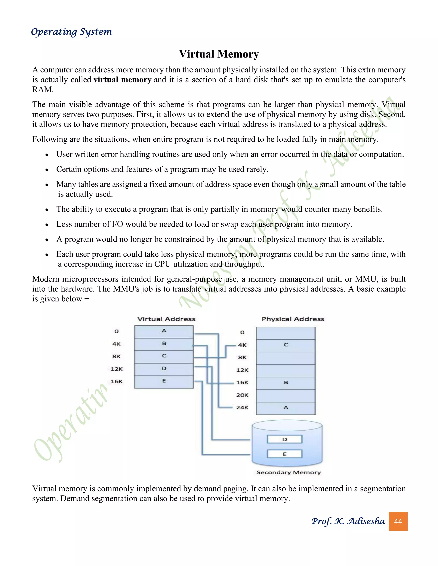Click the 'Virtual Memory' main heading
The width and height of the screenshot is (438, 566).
(x=219, y=54)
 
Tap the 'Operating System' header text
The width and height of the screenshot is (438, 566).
(x=72, y=32)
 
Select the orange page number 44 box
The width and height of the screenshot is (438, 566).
(x=398, y=521)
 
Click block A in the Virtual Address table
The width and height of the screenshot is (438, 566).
(x=164, y=331)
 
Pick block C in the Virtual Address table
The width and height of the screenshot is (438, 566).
(x=164, y=357)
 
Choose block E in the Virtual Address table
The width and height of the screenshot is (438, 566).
(x=164, y=381)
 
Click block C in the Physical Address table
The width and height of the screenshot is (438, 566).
(x=286, y=345)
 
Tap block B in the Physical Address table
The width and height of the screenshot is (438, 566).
(x=286, y=383)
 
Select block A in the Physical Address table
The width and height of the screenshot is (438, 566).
(x=286, y=408)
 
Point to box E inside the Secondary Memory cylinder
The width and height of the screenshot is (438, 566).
(x=285, y=454)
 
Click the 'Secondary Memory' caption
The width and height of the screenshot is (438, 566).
(x=289, y=472)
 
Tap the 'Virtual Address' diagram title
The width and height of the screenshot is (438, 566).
(x=166, y=319)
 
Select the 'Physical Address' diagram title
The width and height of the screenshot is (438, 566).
(x=293, y=319)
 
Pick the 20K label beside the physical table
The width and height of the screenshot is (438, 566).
(x=242, y=395)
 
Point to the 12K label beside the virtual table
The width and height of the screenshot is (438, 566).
(x=117, y=369)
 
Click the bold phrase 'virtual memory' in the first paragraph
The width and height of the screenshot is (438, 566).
(x=123, y=80)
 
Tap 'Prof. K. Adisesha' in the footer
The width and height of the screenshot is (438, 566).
(x=348, y=521)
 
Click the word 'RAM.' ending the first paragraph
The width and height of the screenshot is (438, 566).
(x=43, y=90)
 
